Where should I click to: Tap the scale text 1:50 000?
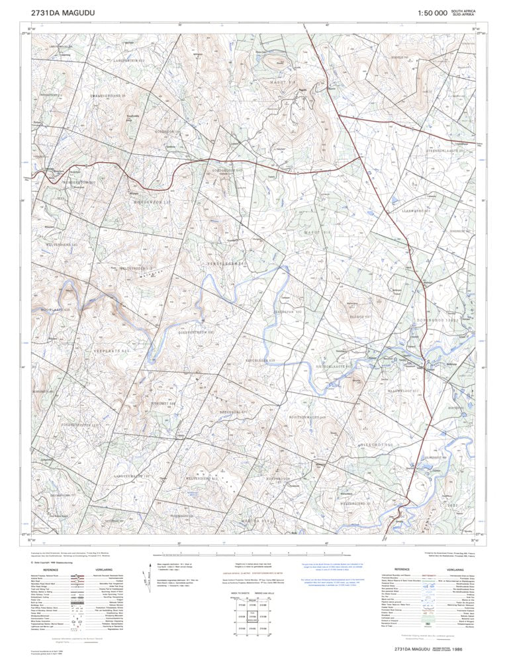click(x=432, y=13)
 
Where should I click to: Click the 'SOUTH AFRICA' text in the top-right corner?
click(x=463, y=11)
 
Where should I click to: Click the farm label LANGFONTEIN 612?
click(x=126, y=60)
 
